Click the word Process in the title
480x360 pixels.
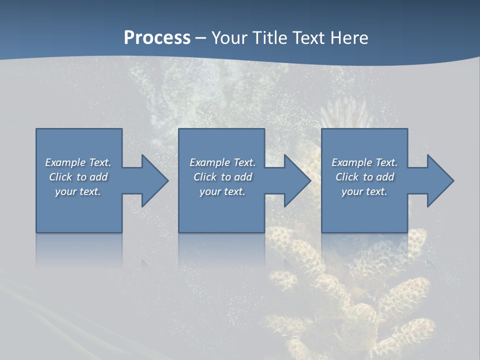pyautogui.click(x=157, y=38)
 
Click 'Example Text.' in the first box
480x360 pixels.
pyautogui.click(x=78, y=162)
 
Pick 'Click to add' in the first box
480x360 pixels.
pyautogui.click(x=78, y=177)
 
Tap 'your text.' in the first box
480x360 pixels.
pyautogui.click(x=78, y=191)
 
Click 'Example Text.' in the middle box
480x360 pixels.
pyautogui.click(x=222, y=162)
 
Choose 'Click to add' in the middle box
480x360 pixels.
pyautogui.click(x=222, y=177)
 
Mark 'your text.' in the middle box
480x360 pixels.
pyautogui.click(x=222, y=191)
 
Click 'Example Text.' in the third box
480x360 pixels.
pyautogui.click(x=364, y=162)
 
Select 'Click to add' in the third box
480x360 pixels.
pyautogui.click(x=364, y=177)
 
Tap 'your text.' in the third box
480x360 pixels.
pyautogui.click(x=364, y=191)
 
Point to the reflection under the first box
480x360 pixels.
pyautogui.click(x=79, y=247)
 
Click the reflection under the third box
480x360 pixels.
pyautogui.click(x=364, y=247)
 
